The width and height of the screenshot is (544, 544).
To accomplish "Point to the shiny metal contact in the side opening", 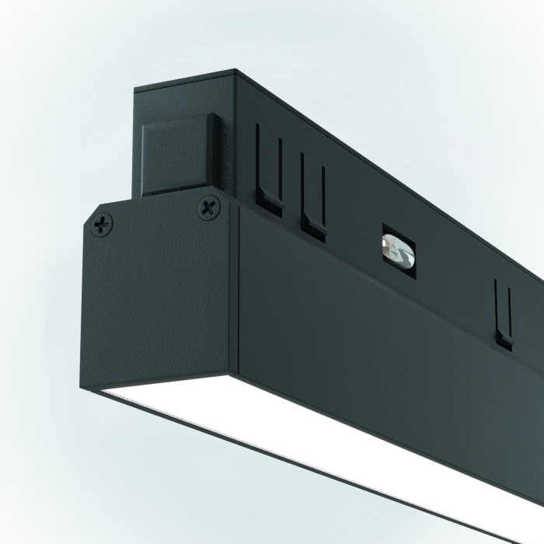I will (397, 250).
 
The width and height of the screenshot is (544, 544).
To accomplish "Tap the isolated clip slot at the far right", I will (504, 316).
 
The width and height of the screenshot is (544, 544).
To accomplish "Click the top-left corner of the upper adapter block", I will (137, 92).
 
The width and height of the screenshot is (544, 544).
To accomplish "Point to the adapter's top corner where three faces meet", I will (237, 75).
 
